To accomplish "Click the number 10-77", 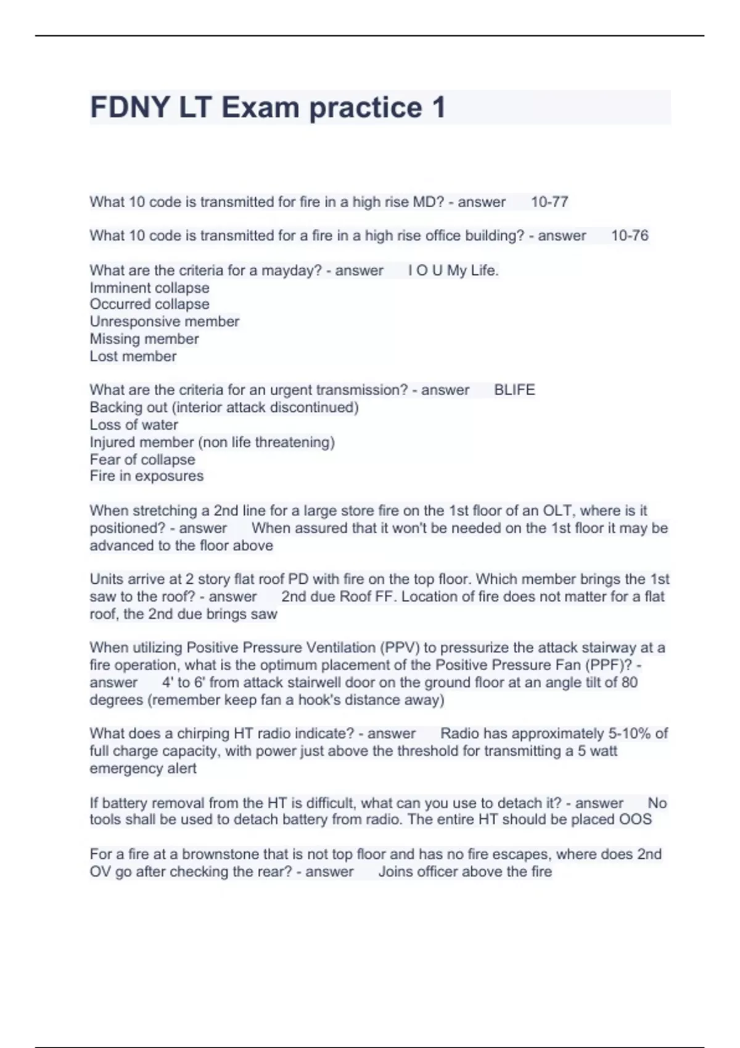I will point(549,202).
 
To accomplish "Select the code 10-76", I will point(630,235).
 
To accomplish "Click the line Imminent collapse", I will point(149,288).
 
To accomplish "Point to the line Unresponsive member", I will point(164,322).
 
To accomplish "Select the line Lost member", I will point(133,356).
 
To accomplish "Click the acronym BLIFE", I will point(514,390).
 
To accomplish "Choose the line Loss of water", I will point(133,425).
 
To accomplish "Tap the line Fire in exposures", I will point(146,476).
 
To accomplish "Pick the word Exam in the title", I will point(260,107).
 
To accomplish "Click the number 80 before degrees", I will point(629,682).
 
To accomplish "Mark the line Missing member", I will point(144,339).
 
